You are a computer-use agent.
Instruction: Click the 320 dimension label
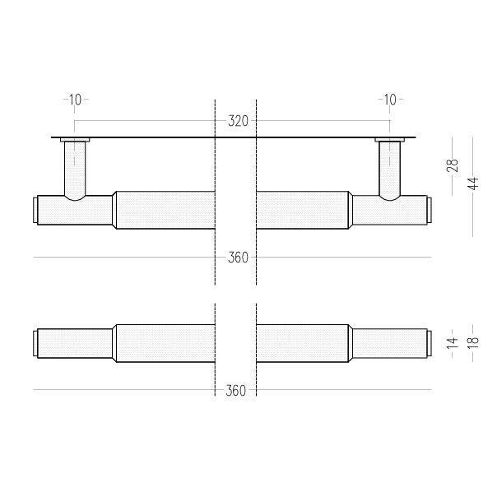[x=238, y=121]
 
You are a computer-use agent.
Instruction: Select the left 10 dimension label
[x=75, y=100]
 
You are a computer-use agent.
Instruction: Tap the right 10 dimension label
[x=390, y=100]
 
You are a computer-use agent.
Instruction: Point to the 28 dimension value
[x=453, y=165]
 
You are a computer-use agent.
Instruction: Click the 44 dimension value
[x=473, y=183]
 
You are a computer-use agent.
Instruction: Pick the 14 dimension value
[x=453, y=343]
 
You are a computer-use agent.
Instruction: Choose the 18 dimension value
[x=473, y=343]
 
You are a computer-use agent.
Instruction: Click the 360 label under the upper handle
[x=238, y=258]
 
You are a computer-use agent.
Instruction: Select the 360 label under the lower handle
[x=236, y=391]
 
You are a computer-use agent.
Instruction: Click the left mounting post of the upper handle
[x=75, y=170]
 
